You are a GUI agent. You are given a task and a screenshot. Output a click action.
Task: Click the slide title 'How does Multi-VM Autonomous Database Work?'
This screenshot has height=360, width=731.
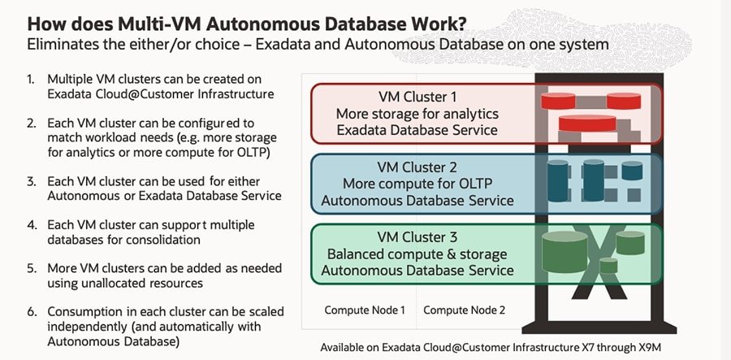click(x=245, y=24)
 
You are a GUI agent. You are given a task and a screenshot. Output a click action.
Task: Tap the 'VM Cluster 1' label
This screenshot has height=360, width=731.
click(x=417, y=98)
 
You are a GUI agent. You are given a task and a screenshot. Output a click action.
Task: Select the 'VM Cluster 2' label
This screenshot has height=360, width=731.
click(x=417, y=167)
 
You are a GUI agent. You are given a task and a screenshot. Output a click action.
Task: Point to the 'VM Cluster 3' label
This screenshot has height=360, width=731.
click(x=417, y=237)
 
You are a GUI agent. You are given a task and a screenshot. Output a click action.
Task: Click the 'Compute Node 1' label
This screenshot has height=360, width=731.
click(x=365, y=310)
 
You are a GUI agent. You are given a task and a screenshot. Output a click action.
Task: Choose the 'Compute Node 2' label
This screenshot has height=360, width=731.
click(x=464, y=310)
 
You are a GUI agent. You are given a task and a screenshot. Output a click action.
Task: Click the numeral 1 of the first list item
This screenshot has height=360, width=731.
click(x=31, y=80)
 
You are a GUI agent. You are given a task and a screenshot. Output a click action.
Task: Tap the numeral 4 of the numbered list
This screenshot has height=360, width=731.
click(x=31, y=225)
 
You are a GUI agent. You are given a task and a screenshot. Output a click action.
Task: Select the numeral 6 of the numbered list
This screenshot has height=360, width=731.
click(x=31, y=311)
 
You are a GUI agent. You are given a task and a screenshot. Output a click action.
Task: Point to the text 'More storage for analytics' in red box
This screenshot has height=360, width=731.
click(x=417, y=114)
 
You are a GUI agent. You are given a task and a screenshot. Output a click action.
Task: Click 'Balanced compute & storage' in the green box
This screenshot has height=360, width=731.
click(x=417, y=254)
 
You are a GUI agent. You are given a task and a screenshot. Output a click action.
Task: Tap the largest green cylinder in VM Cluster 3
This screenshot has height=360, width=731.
click(x=564, y=251)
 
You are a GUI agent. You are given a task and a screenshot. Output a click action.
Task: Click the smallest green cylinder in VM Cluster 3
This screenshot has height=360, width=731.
click(x=608, y=266)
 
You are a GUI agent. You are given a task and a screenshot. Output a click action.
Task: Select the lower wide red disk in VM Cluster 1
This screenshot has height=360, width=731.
click(x=587, y=123)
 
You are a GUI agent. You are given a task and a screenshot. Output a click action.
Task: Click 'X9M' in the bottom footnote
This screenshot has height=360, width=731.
click(x=650, y=348)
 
